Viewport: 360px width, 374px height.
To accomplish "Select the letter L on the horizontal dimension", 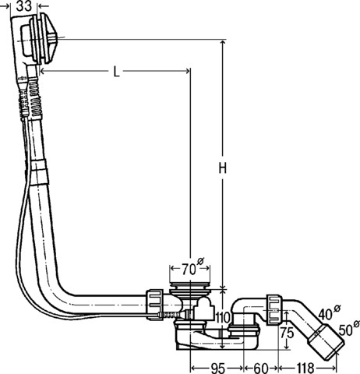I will point(115,72).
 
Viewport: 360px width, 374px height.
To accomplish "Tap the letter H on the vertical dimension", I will point(222,168).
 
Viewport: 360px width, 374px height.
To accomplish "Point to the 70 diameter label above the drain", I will point(189,270).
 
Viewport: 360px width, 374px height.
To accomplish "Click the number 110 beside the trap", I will point(223,318).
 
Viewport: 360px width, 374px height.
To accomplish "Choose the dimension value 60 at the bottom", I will point(259,366).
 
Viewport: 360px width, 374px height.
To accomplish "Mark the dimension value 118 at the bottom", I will point(305,366).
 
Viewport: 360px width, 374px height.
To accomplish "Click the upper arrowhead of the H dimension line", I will point(222,44).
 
